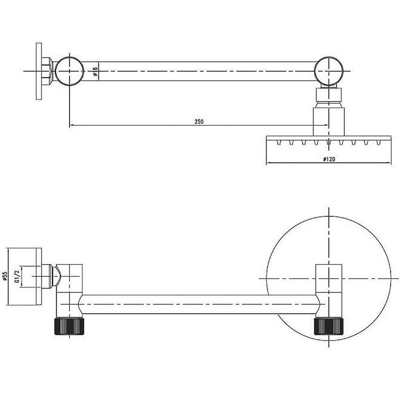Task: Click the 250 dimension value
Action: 199,121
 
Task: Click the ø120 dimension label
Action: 328,159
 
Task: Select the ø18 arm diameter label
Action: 96,71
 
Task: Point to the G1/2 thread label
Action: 17,276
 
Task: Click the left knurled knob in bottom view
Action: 69,326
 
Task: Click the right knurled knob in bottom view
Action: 328,326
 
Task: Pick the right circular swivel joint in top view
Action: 329,71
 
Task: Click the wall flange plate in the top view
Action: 39,71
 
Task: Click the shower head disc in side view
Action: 328,139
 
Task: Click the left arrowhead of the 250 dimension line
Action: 71,125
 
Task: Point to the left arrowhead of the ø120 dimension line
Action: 268,163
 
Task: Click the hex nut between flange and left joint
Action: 49,71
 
